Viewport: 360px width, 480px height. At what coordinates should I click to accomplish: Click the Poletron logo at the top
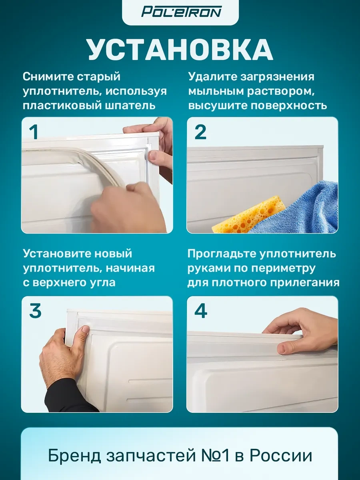point(181,12)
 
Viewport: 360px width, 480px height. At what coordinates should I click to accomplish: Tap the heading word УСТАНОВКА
point(180,50)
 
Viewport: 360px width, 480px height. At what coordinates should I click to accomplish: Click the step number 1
point(34,132)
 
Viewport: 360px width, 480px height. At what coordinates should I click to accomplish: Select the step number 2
point(200,132)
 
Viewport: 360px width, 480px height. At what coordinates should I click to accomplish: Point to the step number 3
point(35,311)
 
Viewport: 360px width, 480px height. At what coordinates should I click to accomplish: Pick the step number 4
point(200,311)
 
